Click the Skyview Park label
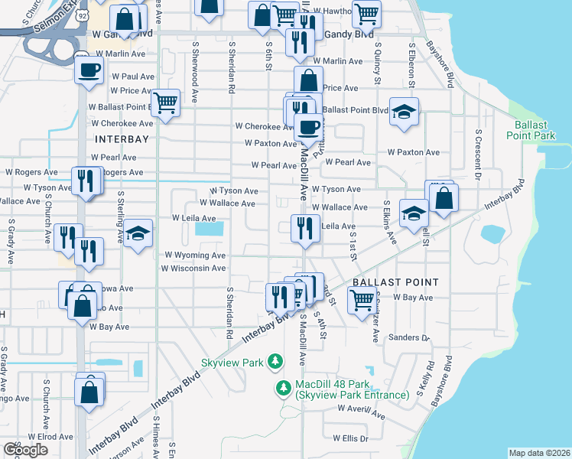pyautogui.click(x=231, y=362)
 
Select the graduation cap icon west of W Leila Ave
pyautogui.click(x=138, y=233)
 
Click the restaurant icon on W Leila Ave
pyautogui.click(x=304, y=227)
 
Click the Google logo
pyautogui.click(x=26, y=449)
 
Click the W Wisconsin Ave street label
pyautogui.click(x=193, y=269)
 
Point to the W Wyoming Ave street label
pyautogui.click(x=194, y=255)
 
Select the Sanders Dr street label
pyautogui.click(x=409, y=337)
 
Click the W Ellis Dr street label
pyautogui.click(x=350, y=438)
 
